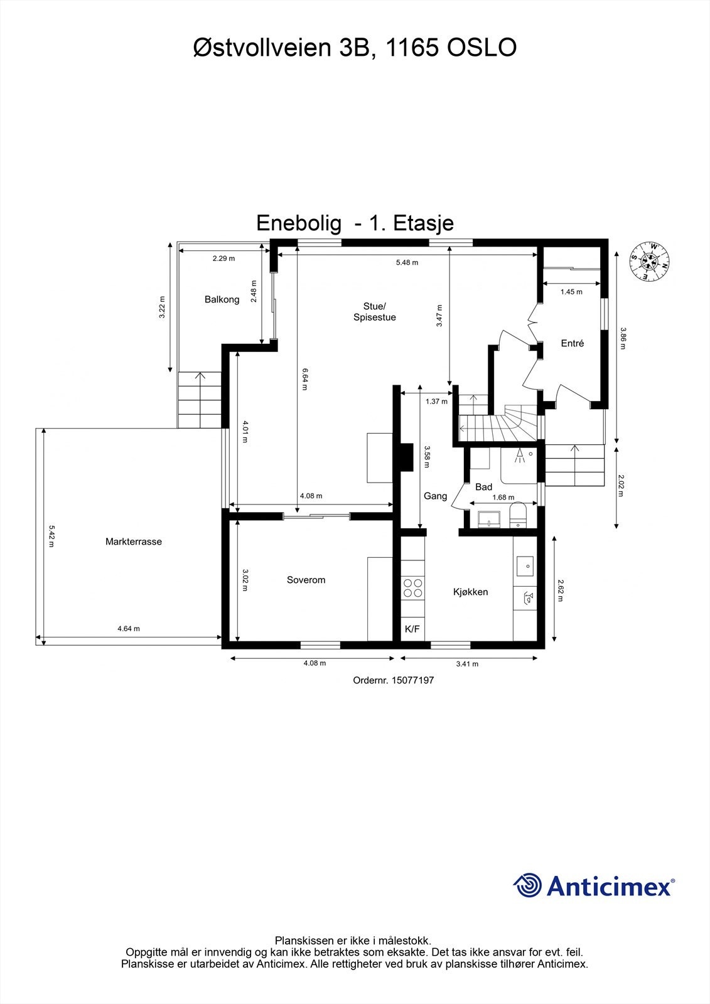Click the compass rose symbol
click(x=649, y=261)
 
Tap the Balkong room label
click(x=222, y=300)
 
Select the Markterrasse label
click(x=134, y=542)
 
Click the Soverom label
click(x=306, y=580)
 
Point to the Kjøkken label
click(x=470, y=592)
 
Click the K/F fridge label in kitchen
click(x=412, y=629)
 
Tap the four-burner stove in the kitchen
click(x=413, y=588)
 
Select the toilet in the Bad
click(x=518, y=516)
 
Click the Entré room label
click(x=572, y=343)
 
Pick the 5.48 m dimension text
click(x=407, y=262)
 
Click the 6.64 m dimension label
click(x=305, y=379)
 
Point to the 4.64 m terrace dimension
click(x=129, y=628)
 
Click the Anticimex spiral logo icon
click(x=527, y=885)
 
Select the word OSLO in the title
click(x=481, y=48)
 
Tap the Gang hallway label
click(x=435, y=496)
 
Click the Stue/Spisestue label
click(x=374, y=312)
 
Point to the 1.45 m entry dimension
click(x=571, y=292)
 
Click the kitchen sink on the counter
click(x=525, y=565)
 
